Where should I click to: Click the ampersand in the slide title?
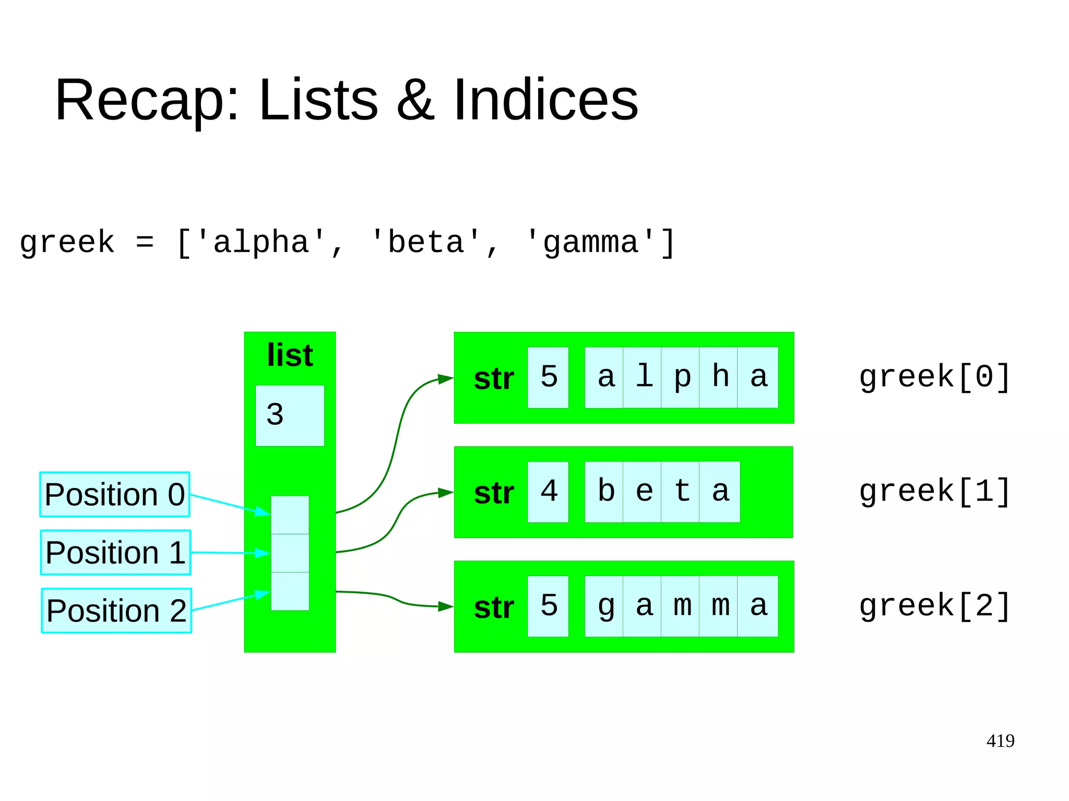pyautogui.click(x=415, y=100)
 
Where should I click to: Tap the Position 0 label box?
pyautogui.click(x=115, y=494)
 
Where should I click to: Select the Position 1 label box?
pyautogui.click(x=115, y=553)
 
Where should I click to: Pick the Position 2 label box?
pyautogui.click(x=116, y=611)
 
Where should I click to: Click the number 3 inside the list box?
pyautogui.click(x=275, y=415)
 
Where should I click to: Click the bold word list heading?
pyautogui.click(x=290, y=355)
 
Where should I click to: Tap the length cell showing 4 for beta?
pyautogui.click(x=548, y=492)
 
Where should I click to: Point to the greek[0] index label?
pyautogui.click(x=934, y=377)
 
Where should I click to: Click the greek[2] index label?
pyautogui.click(x=934, y=606)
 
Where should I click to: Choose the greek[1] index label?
pyautogui.click(x=934, y=492)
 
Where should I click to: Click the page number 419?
pyautogui.click(x=1000, y=740)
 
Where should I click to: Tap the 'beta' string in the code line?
pyautogui.click(x=425, y=243)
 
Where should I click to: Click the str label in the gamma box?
pyautogui.click(x=494, y=607)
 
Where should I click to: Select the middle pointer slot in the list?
pyautogui.click(x=290, y=553)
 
